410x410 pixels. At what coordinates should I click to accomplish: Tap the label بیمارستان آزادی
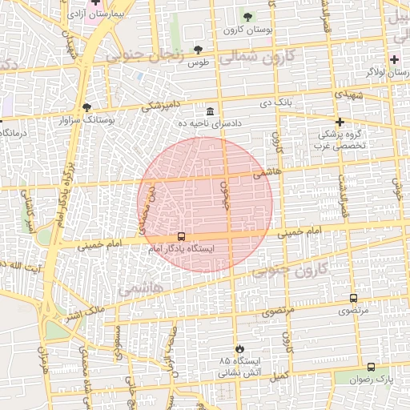click(66, 14)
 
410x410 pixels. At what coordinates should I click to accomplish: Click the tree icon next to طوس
click(198, 49)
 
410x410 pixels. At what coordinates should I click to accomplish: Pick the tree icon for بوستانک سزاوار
click(86, 107)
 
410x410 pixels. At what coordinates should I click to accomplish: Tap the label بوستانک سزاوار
click(111, 120)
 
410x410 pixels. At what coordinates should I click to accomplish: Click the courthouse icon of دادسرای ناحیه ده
click(211, 111)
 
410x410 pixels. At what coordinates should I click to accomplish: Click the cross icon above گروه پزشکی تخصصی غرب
click(340, 123)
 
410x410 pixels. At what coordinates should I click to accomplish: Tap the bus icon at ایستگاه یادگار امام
click(181, 237)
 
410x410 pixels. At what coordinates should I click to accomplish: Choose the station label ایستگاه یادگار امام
click(187, 249)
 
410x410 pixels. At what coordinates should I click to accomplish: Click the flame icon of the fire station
click(239, 348)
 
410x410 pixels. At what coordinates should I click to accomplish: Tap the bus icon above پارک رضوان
click(370, 367)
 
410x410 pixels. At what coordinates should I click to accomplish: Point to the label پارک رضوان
click(369, 379)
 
